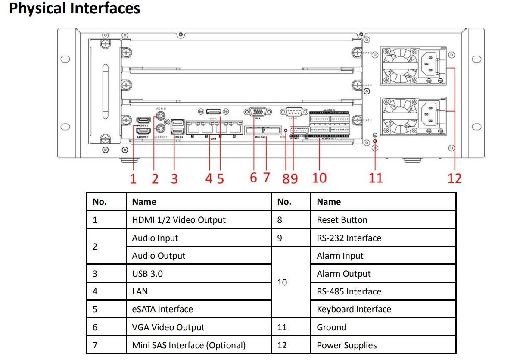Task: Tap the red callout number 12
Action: [x=454, y=178]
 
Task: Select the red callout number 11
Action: [x=376, y=178]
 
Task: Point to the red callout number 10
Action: [x=319, y=178]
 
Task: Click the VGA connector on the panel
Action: [x=258, y=111]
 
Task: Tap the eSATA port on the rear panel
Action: [x=214, y=111]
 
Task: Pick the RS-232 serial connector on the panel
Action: [x=294, y=111]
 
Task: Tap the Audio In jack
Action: [x=162, y=116]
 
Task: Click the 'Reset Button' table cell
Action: [x=342, y=220]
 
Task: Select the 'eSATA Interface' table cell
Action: [x=162, y=309]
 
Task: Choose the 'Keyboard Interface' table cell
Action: [x=354, y=309]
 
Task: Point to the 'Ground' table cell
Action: [x=331, y=327]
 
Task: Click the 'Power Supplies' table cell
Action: [x=346, y=345]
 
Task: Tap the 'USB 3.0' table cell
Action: [x=147, y=274]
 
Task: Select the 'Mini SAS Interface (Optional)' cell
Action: [x=189, y=345]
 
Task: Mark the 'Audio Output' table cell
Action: [x=159, y=256]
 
